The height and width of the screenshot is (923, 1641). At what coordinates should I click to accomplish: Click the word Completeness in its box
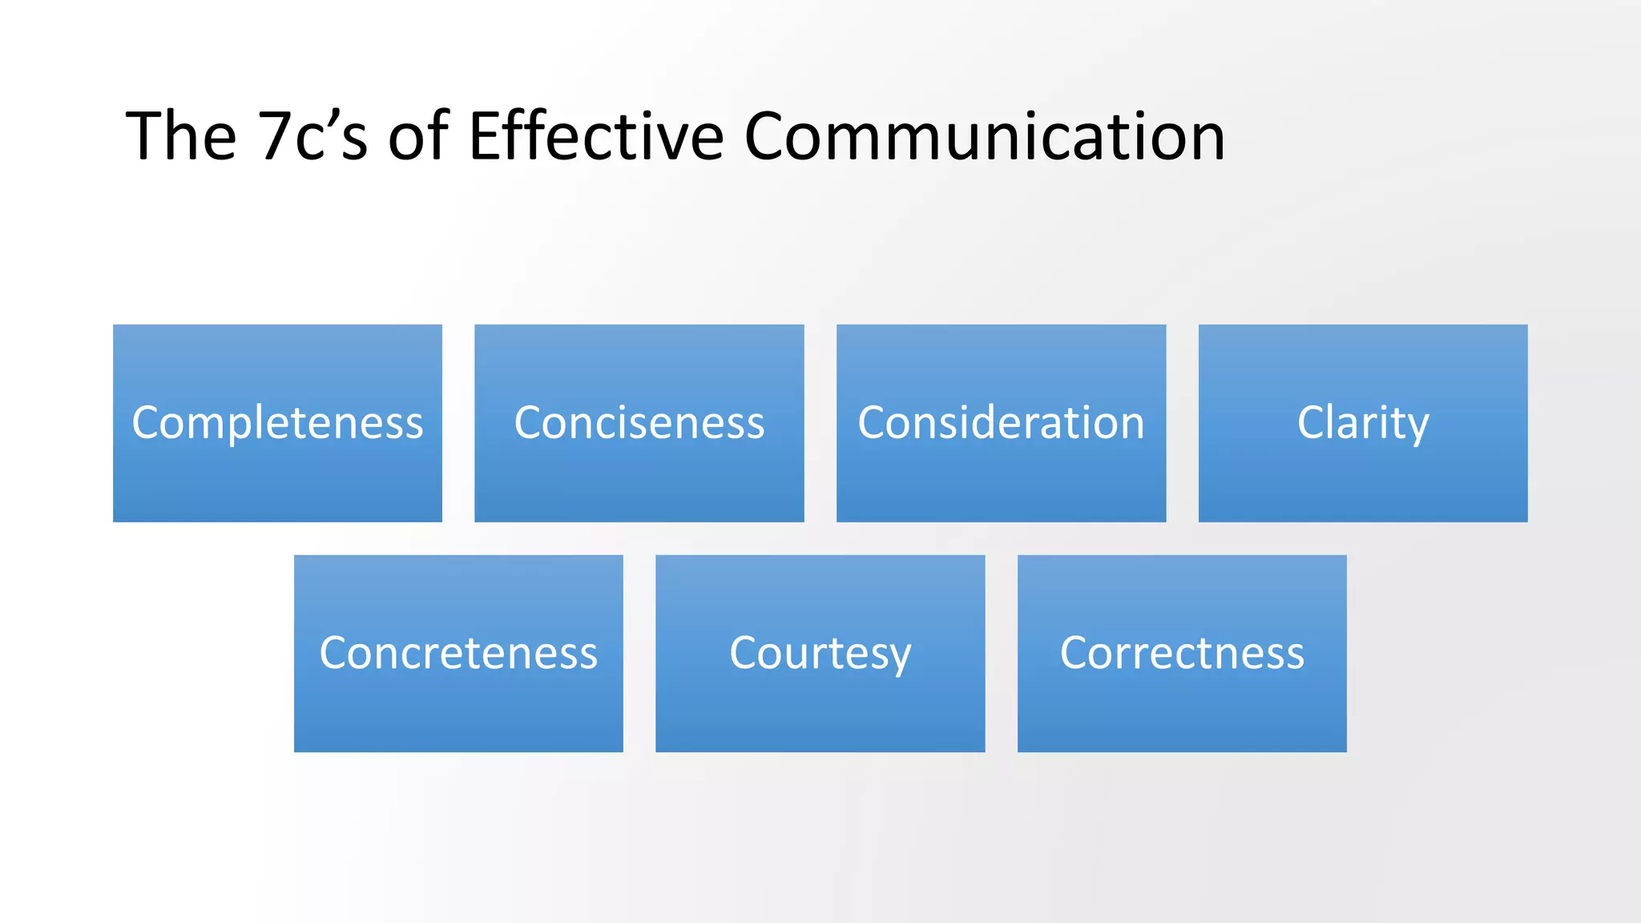click(277, 422)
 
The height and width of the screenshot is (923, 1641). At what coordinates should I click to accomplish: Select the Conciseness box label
click(639, 422)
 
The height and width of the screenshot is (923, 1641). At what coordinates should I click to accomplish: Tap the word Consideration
click(1001, 422)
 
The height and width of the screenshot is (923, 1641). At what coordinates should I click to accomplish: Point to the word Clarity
click(1363, 422)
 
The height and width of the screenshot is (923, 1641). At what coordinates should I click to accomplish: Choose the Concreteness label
click(458, 652)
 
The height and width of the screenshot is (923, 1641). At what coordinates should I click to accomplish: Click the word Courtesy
click(820, 652)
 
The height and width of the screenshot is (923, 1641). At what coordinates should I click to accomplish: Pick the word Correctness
click(1182, 652)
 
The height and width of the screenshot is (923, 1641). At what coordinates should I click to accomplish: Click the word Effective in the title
click(596, 136)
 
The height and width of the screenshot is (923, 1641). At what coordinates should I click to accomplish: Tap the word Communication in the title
click(985, 136)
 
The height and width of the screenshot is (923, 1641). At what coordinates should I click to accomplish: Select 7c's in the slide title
click(312, 136)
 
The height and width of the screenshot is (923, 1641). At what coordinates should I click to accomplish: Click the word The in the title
click(181, 136)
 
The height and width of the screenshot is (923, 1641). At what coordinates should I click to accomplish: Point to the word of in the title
click(417, 136)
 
